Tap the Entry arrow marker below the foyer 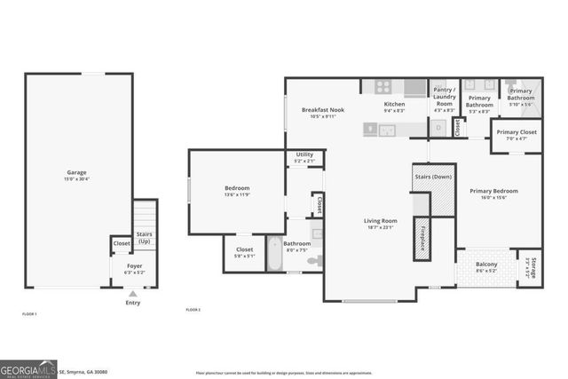[x=133, y=294]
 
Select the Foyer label [x=133, y=265]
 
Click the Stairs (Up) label [x=144, y=237]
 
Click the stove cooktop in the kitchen [x=383, y=87]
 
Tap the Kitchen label [x=394, y=104]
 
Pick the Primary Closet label [x=517, y=132]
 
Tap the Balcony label [x=485, y=265]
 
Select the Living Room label [x=380, y=220]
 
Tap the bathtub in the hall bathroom [x=275, y=255]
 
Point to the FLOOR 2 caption [x=193, y=310]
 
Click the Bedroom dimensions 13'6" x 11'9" [x=236, y=194]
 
